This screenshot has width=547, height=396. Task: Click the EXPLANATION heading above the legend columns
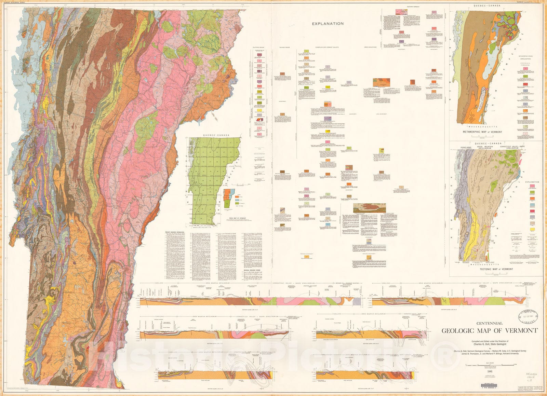(328, 24)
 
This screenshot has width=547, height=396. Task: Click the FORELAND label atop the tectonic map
(466, 147)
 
